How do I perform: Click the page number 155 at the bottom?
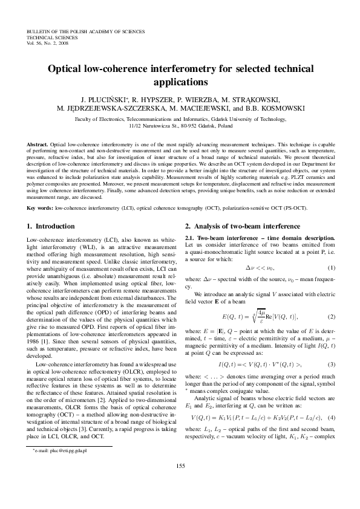click(x=180, y=481)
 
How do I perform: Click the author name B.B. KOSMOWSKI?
click(x=276, y=109)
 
